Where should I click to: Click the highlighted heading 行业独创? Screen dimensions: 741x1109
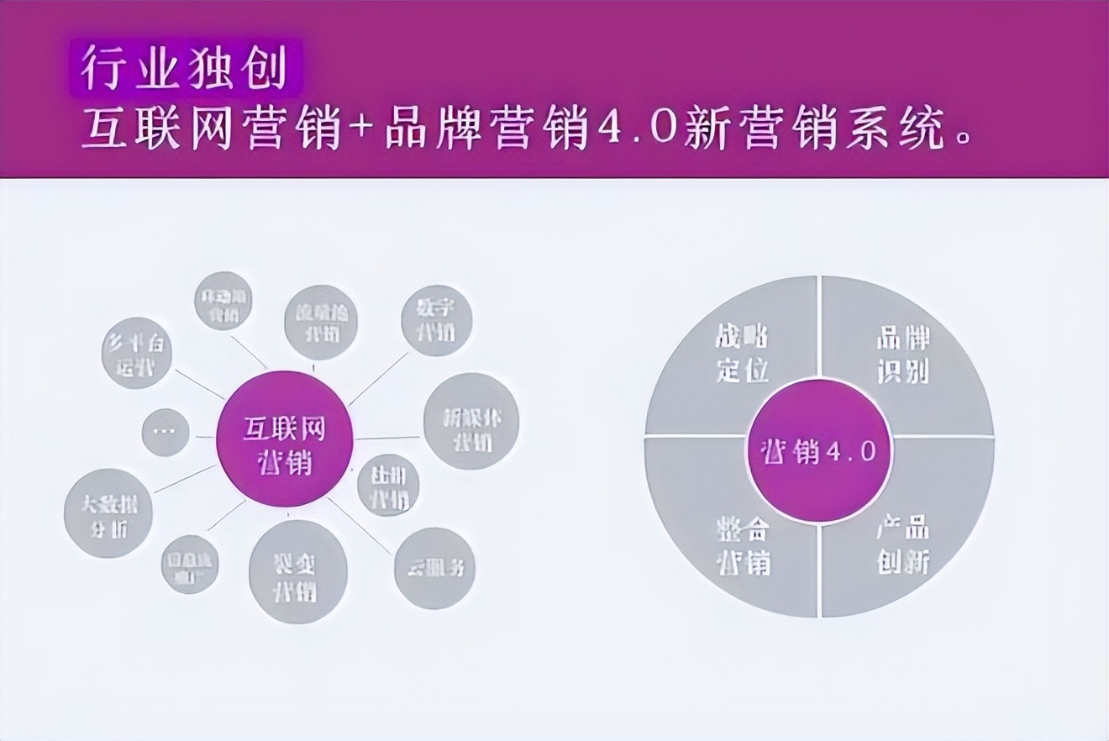point(182,68)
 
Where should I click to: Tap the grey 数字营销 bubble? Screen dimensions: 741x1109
point(436,320)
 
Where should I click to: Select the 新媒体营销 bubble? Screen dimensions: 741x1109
point(470,421)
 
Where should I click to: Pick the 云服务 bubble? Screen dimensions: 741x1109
point(434,568)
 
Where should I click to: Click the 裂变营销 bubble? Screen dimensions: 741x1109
point(297,571)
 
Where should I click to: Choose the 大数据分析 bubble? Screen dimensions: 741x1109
point(108,513)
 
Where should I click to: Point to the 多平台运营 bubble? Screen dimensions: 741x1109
point(136,353)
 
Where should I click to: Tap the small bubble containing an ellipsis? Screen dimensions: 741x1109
point(165,432)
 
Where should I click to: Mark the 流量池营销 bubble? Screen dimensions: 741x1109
point(321,322)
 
